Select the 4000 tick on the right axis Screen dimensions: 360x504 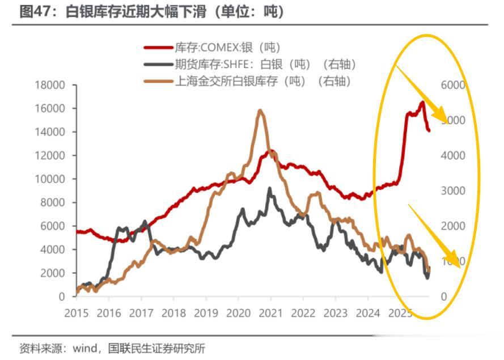(x=452, y=155)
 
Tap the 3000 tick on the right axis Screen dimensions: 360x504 (x=452, y=191)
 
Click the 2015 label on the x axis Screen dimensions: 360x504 (x=77, y=312)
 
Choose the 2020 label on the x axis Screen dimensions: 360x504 (x=238, y=312)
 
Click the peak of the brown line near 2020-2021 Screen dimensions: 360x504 (x=260, y=111)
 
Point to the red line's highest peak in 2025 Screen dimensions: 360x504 (x=422, y=102)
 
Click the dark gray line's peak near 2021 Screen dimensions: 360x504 (x=270, y=189)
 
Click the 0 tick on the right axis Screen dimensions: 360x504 (x=444, y=297)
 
